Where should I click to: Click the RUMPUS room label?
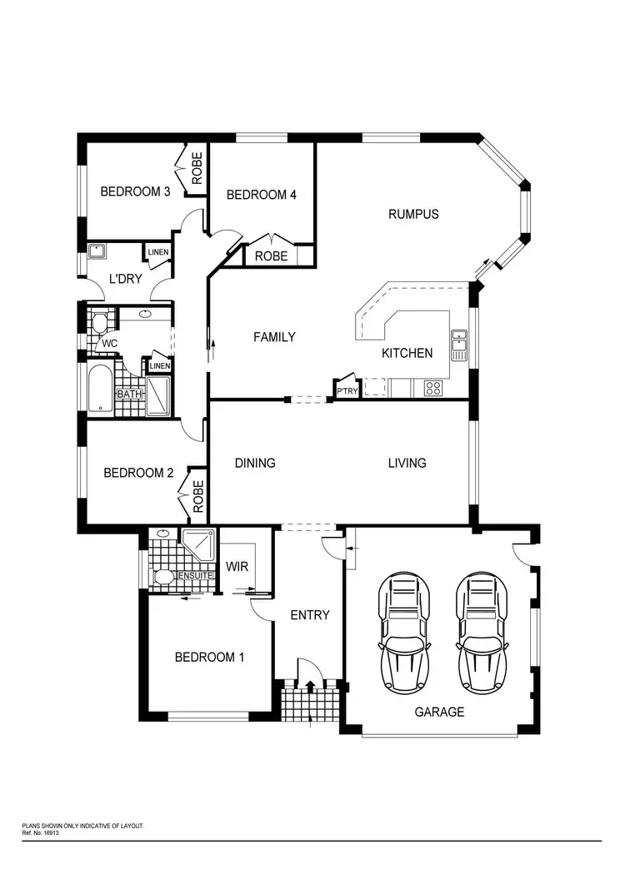pos(413,214)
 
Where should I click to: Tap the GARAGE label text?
pos(439,712)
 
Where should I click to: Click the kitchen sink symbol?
pos(459,345)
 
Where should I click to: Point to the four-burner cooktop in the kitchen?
pos(433,387)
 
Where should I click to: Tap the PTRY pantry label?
pos(346,390)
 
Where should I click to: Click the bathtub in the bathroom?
pos(99,388)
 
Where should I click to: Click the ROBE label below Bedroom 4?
pos(272,256)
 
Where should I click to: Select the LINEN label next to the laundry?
pos(157,252)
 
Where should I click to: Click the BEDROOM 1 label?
pos(209,657)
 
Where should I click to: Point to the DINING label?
pos(255,463)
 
